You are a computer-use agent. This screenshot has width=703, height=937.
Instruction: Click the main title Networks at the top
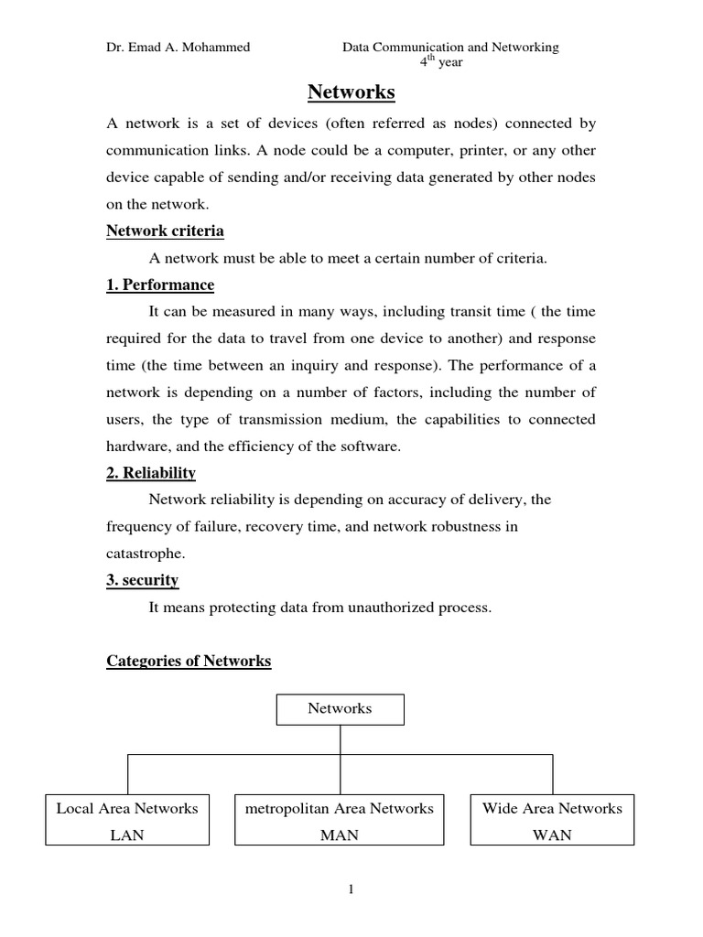(x=351, y=92)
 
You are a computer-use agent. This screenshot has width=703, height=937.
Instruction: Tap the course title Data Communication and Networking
(x=450, y=48)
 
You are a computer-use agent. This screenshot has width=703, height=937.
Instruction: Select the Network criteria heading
(x=165, y=231)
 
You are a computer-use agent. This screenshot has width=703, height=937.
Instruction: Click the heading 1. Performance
(x=160, y=285)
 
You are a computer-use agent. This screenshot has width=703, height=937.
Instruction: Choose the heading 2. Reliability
(x=151, y=473)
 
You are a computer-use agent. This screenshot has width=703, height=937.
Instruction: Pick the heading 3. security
(x=143, y=580)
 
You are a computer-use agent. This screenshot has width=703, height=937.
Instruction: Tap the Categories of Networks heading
(x=189, y=661)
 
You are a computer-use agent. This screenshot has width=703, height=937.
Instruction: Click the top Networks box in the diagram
(x=340, y=708)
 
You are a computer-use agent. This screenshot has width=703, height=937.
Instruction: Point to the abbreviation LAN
(x=127, y=835)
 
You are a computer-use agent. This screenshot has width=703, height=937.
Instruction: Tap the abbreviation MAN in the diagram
(x=340, y=835)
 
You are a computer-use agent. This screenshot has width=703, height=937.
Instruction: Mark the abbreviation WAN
(x=552, y=835)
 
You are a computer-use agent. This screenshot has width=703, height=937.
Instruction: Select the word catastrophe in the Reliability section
(x=144, y=554)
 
